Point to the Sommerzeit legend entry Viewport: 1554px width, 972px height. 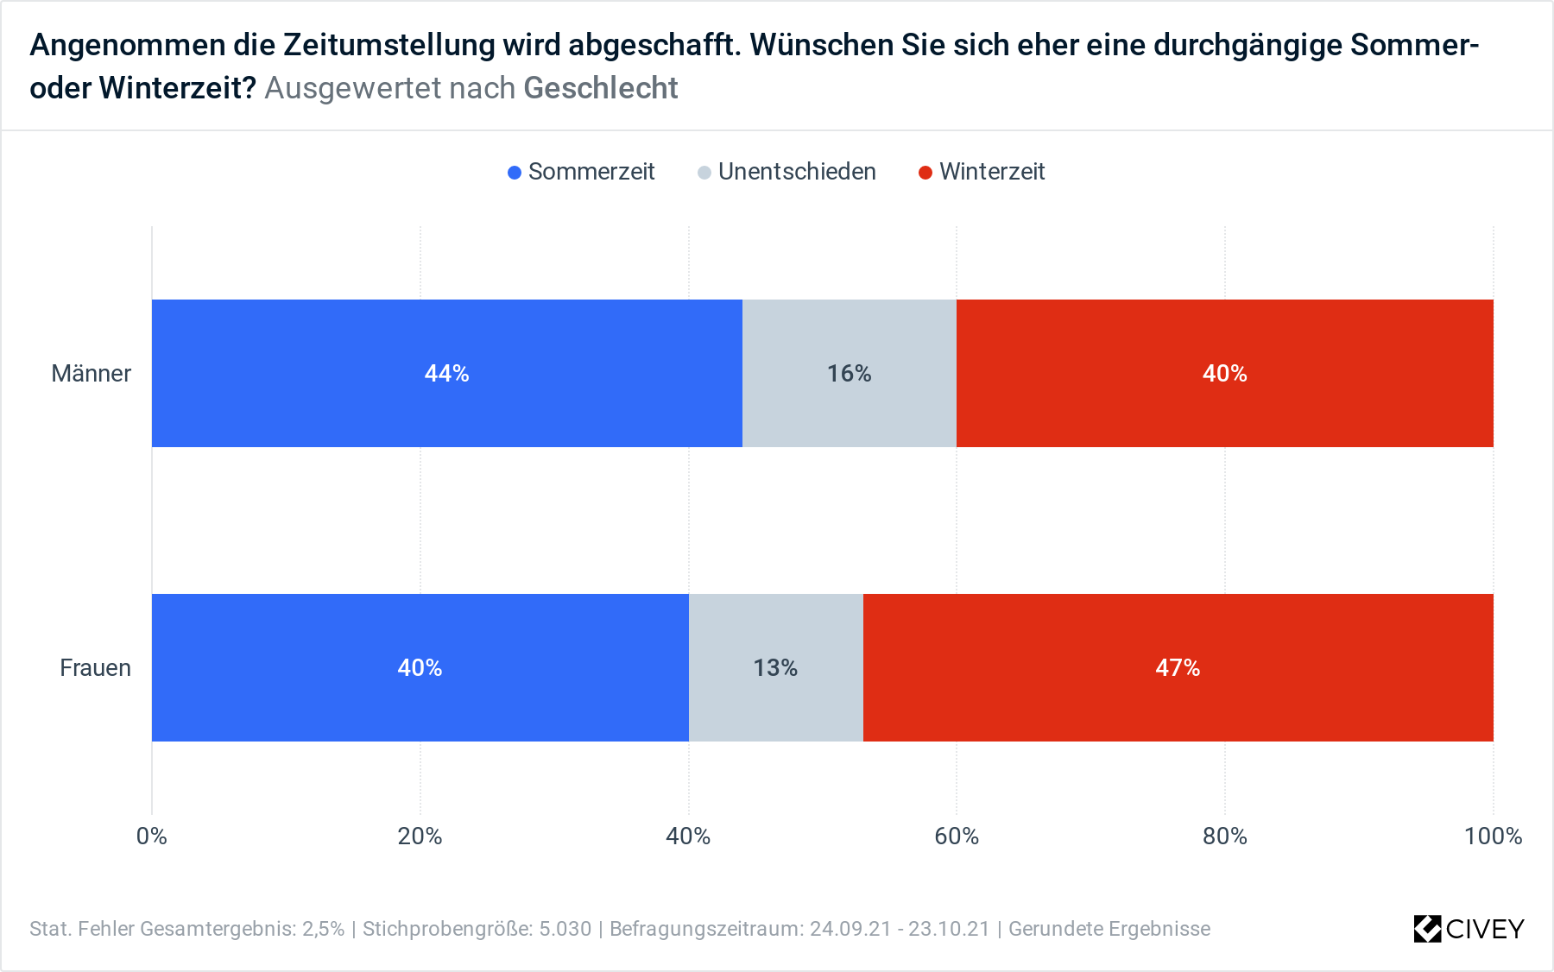582,172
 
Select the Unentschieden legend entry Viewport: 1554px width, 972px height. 787,172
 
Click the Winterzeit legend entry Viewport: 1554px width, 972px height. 982,172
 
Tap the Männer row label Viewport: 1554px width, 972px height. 91,373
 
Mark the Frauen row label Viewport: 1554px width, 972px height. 95,667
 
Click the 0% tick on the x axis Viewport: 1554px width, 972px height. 152,836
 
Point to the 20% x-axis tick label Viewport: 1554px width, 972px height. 420,836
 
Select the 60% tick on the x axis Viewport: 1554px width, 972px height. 957,836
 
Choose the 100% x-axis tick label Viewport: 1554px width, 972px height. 1493,836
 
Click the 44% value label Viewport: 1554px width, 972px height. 446,373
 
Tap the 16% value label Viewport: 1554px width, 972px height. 849,373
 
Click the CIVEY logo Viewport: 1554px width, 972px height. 1469,929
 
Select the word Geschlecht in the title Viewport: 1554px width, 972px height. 601,88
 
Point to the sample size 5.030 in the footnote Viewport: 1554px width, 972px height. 565,929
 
